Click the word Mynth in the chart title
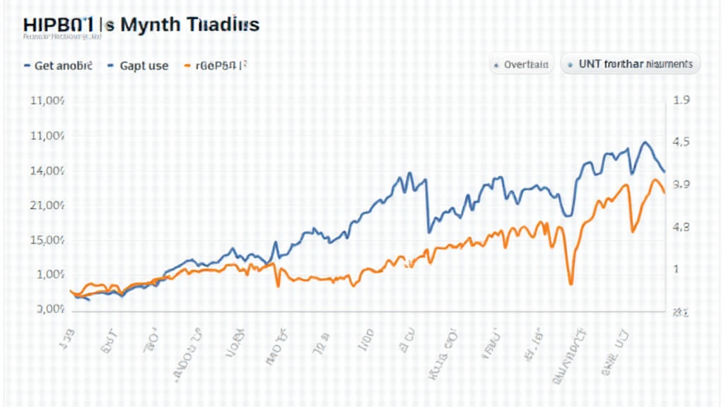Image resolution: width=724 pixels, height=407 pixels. [x=151, y=24]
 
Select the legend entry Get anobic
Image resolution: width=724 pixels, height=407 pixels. [x=64, y=66]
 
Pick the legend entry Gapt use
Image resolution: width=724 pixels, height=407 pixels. [x=144, y=66]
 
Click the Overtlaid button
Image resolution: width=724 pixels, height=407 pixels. [x=521, y=64]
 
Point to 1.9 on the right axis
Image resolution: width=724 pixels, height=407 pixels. [x=682, y=101]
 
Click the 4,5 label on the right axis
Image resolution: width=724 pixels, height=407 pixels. [x=681, y=142]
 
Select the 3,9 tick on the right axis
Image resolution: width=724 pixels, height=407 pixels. [x=682, y=185]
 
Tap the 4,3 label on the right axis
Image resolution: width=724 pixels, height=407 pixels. [x=681, y=228]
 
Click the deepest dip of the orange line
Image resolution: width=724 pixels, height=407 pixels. [x=571, y=284]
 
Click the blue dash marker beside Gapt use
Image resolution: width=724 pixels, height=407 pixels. [x=110, y=66]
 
